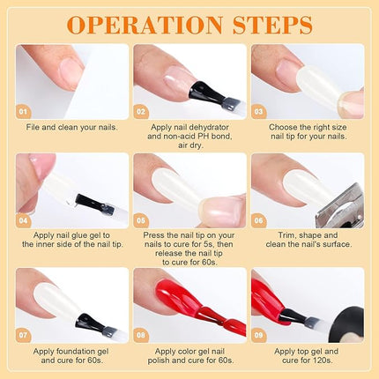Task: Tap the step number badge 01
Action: pos(24,113)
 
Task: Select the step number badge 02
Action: pos(142,113)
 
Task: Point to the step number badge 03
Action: pos(259,113)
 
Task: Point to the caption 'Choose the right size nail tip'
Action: pos(307,131)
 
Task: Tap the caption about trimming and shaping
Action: pos(307,242)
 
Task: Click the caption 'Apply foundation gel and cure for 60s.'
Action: pos(71,358)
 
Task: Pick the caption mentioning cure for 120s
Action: pos(307,358)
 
